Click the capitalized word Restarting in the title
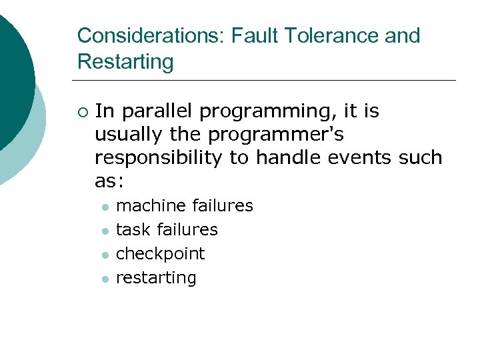coord(125,62)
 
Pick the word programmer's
coord(276,135)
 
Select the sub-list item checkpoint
coord(161,254)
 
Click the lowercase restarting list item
coord(156,278)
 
